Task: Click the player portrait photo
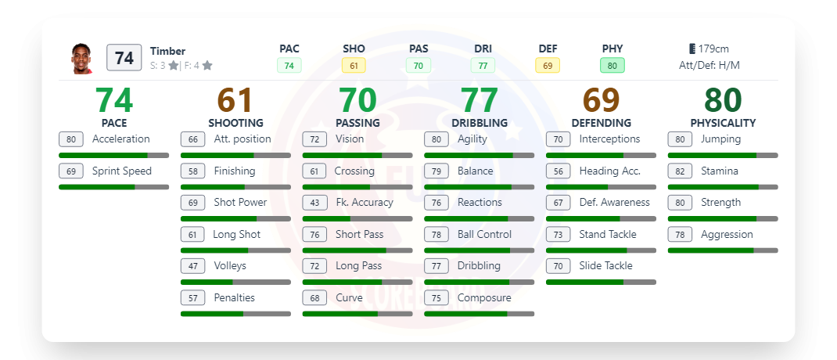tap(82, 58)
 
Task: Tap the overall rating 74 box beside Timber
tap(124, 58)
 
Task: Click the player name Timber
tap(167, 52)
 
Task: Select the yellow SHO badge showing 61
tap(354, 66)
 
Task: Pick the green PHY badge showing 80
tap(612, 66)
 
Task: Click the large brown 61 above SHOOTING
tap(235, 101)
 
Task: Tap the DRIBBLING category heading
tap(480, 123)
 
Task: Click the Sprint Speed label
tap(121, 171)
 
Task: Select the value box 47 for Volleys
tap(192, 266)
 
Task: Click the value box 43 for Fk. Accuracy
tap(314, 203)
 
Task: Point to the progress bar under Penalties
tap(235, 314)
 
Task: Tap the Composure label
tap(484, 297)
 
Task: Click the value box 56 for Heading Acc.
tap(558, 171)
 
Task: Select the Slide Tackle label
tap(605, 266)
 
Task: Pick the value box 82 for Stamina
tap(680, 171)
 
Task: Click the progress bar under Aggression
tap(723, 250)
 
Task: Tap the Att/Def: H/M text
tap(709, 66)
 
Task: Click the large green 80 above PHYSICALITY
tap(723, 101)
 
